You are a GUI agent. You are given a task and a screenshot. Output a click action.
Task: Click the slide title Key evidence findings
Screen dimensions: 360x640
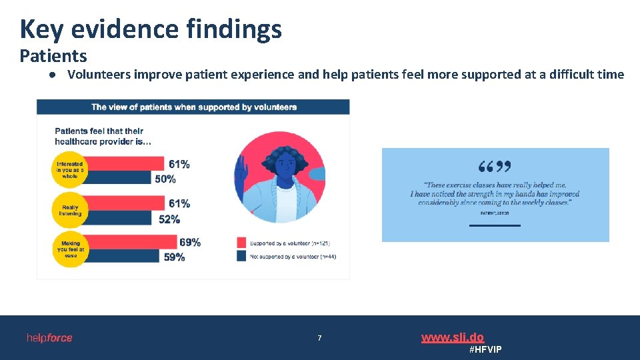coord(151,29)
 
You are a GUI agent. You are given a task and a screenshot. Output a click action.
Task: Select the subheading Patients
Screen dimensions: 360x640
coord(53,56)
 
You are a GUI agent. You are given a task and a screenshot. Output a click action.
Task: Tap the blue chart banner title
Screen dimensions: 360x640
coord(193,107)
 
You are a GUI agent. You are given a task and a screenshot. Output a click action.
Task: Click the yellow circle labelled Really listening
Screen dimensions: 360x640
coord(69,211)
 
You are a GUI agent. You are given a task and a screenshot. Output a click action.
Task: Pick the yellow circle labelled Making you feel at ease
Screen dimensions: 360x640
coord(69,249)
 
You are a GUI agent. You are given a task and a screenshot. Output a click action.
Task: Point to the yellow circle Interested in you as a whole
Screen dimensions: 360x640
coord(69,171)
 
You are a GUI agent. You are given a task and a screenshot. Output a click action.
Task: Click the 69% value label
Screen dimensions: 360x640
coord(190,242)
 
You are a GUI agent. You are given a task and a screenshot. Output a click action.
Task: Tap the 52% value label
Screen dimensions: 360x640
coord(169,219)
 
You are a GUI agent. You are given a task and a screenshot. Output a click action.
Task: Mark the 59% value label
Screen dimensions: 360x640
coord(174,257)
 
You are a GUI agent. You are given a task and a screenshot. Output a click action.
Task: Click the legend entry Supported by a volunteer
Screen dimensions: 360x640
coord(287,243)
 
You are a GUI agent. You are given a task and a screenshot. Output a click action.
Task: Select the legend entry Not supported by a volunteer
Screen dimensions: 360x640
coord(287,257)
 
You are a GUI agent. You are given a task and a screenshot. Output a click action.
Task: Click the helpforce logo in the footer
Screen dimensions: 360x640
coord(49,338)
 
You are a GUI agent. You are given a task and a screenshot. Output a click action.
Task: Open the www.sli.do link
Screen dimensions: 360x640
coord(452,337)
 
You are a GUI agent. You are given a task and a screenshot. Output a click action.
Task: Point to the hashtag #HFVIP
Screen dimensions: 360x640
coord(485,349)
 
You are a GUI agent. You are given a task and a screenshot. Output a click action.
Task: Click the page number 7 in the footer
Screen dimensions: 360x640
coord(319,339)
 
